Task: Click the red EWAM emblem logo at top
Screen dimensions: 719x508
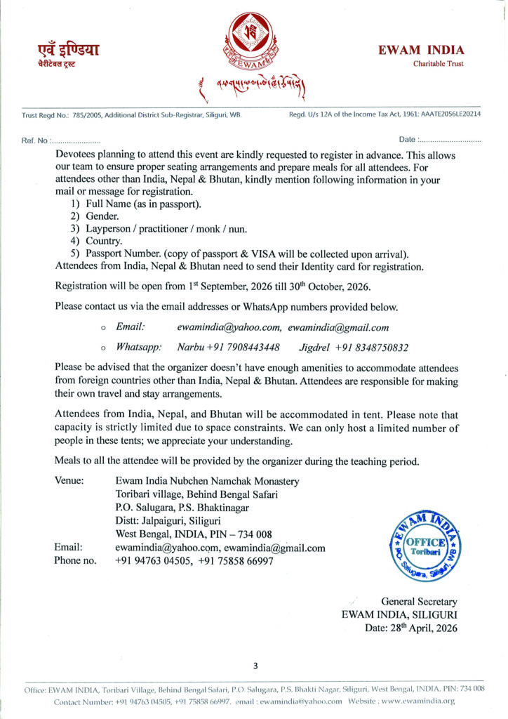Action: pyautogui.click(x=254, y=42)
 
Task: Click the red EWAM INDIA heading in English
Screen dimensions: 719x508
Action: pyautogui.click(x=420, y=50)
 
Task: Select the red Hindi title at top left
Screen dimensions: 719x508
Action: pyautogui.click(x=68, y=50)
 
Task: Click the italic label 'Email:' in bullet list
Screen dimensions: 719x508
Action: pyautogui.click(x=131, y=327)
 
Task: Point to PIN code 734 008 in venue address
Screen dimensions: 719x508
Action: pyautogui.click(x=252, y=534)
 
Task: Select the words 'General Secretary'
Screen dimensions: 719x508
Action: pyautogui.click(x=419, y=602)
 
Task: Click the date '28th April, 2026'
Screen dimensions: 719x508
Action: pyautogui.click(x=424, y=628)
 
